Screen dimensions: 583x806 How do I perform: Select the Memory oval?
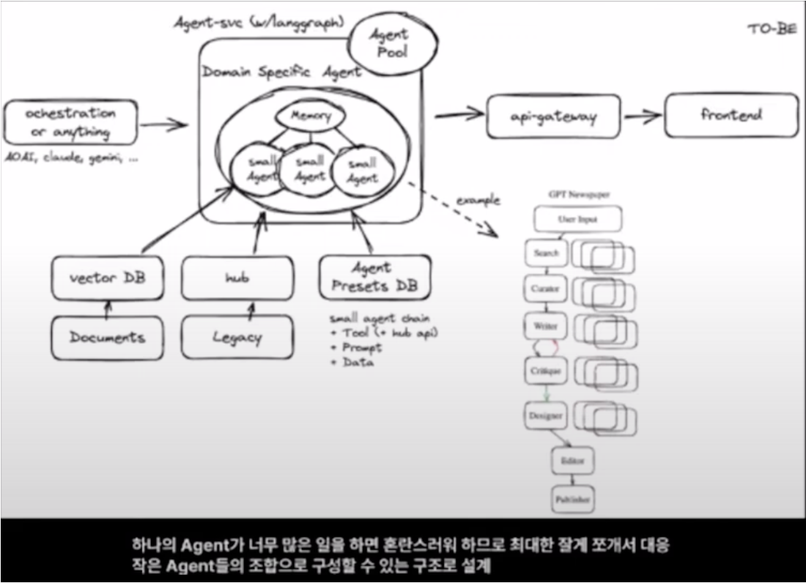[311, 116]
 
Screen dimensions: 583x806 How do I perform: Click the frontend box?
[731, 115]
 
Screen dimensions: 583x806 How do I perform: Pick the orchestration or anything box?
[70, 123]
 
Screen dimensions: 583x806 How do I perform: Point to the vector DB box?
[107, 278]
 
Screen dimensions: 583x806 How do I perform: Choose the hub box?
[237, 278]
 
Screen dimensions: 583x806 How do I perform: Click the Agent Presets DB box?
[374, 278]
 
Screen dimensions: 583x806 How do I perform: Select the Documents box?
[107, 338]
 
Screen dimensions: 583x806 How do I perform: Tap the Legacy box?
[237, 338]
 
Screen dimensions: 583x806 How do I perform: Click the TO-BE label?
[772, 29]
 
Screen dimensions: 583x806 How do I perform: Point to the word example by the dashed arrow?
[478, 200]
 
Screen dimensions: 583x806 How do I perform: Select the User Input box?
[577, 219]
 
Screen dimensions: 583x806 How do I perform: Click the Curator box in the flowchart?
[545, 289]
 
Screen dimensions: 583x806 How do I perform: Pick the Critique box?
[545, 371]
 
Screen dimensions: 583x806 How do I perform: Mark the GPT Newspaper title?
[579, 195]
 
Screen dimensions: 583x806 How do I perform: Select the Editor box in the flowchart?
[572, 461]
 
